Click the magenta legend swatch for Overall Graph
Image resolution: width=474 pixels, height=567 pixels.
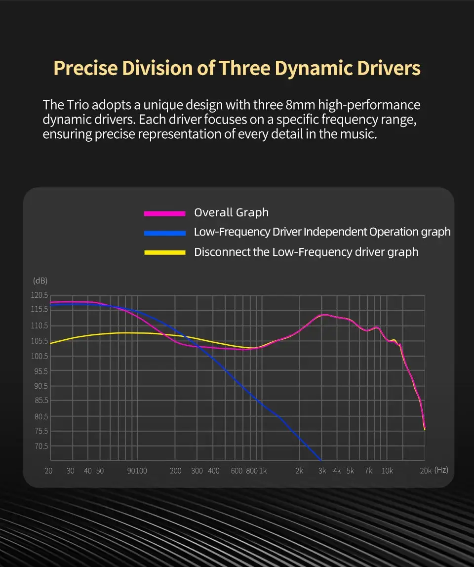[164, 213]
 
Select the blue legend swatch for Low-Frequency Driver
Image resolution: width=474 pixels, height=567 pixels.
[164, 233]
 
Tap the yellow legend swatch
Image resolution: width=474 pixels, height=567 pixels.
[164, 252]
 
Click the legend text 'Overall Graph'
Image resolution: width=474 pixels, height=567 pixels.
[231, 213]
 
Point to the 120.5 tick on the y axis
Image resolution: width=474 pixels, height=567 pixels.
[40, 295]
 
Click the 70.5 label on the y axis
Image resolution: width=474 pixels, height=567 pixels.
[40, 446]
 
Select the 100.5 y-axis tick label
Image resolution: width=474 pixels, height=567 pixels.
[40, 356]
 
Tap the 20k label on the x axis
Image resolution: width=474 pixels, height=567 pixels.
[426, 471]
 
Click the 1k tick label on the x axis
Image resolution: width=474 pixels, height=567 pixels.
[263, 471]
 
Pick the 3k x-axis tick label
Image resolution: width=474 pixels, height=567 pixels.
[322, 471]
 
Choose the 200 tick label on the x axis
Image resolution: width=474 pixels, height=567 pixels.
[175, 471]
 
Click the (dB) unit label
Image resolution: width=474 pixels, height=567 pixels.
[40, 281]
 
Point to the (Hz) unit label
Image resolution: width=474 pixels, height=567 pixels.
[441, 470]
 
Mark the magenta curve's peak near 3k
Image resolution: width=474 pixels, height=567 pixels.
[324, 314]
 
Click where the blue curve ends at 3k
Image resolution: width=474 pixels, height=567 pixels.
[321, 459]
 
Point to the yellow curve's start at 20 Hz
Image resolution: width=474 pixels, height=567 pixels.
[51, 343]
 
